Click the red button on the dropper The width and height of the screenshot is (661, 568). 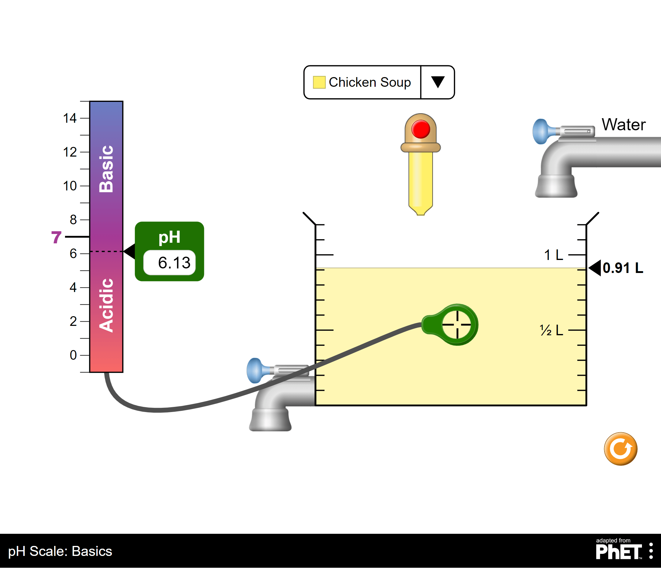point(420,129)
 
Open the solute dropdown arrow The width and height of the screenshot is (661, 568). point(438,82)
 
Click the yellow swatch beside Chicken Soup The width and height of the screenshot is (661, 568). point(319,82)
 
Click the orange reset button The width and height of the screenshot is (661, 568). point(620,449)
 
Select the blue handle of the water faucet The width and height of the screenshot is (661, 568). point(541,131)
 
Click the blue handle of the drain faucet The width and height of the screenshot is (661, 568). point(255,371)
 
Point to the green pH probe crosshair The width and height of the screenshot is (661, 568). point(457,325)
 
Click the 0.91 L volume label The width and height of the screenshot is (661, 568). point(622,268)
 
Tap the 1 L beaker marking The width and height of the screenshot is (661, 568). point(553,255)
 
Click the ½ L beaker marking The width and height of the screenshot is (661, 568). point(551,330)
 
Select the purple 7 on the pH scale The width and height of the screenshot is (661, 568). point(56,237)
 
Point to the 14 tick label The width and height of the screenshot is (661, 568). point(70,118)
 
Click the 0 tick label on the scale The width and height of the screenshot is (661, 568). point(73,355)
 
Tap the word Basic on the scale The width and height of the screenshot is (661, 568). point(106,169)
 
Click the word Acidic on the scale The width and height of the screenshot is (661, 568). point(106,305)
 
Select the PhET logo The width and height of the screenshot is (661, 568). point(619,551)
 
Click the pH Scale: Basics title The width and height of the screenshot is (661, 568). point(60,551)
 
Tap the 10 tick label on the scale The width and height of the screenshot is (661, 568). point(70,186)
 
